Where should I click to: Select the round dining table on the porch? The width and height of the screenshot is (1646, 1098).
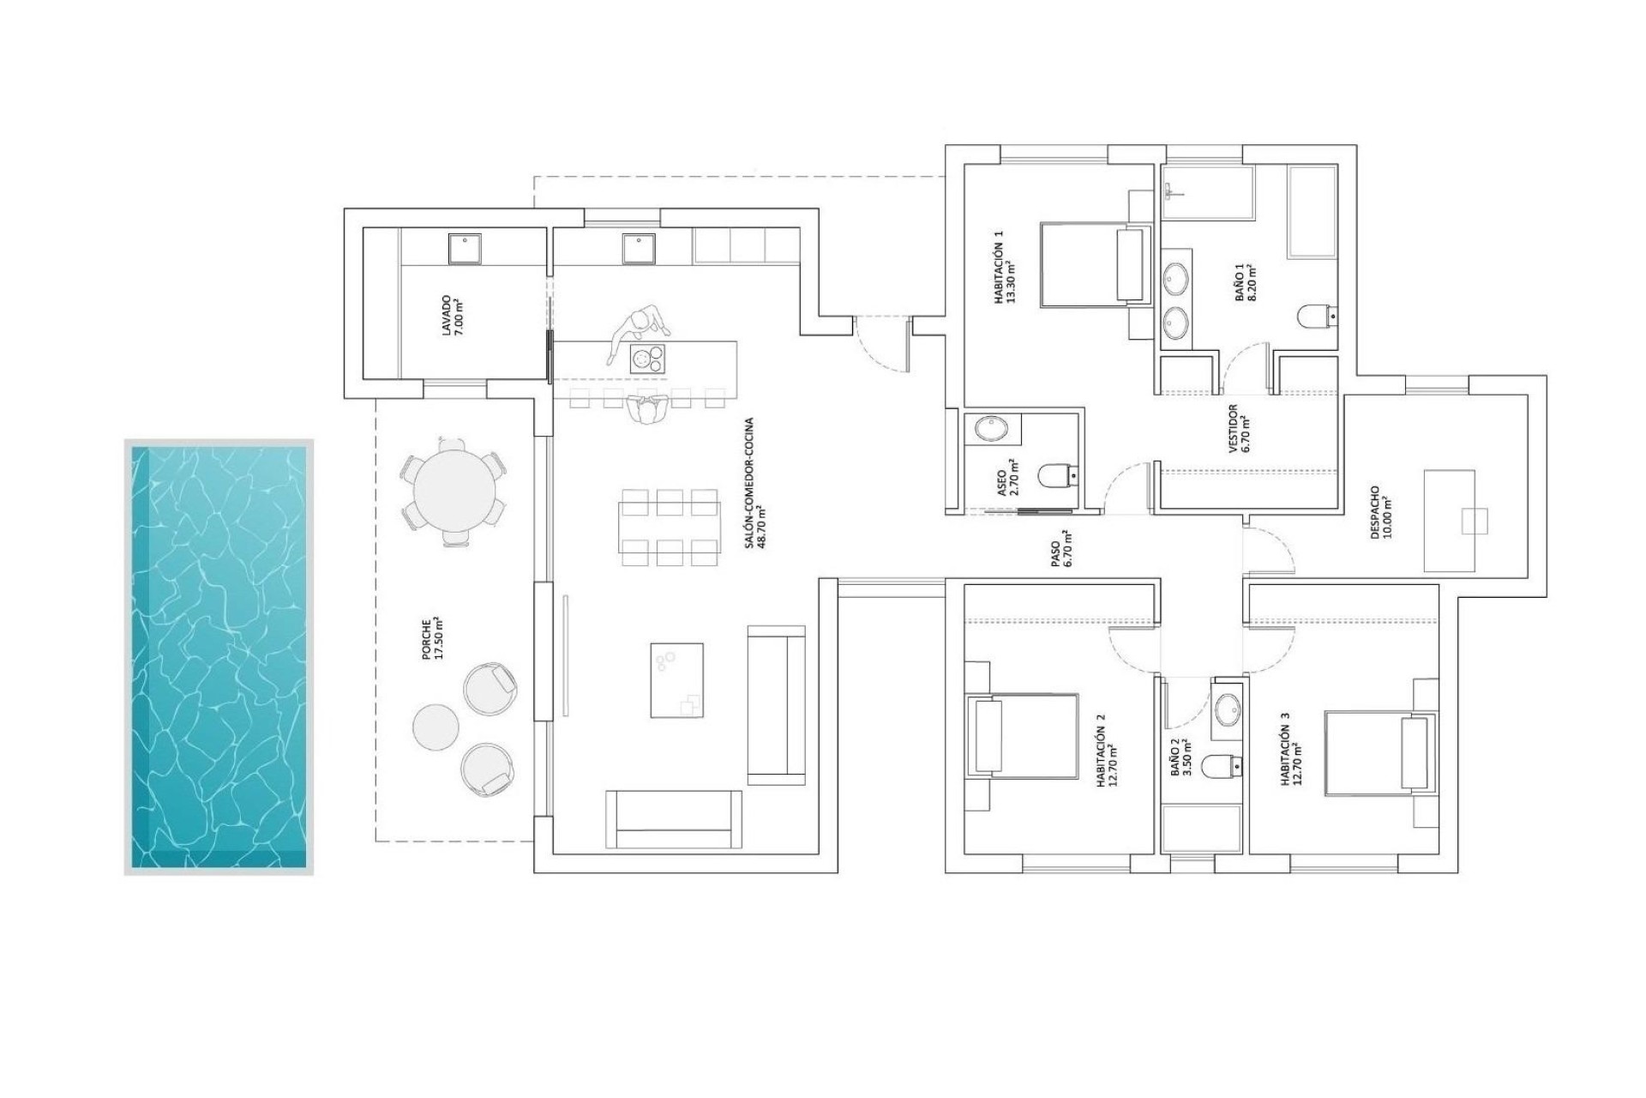click(454, 492)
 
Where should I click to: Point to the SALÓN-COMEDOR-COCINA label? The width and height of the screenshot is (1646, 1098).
click(754, 483)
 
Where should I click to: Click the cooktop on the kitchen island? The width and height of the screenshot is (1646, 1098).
click(647, 358)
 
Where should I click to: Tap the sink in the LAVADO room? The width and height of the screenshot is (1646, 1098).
click(465, 249)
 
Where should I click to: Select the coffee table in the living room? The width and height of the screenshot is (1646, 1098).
click(676, 680)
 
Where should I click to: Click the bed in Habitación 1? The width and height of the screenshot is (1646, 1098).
click(1094, 264)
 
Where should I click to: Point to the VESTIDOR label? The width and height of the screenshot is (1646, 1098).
click(1238, 428)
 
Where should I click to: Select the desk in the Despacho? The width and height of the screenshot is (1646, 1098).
click(1449, 521)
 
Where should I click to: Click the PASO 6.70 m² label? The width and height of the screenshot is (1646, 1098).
click(1060, 549)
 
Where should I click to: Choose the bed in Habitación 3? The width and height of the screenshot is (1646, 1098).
click(1379, 751)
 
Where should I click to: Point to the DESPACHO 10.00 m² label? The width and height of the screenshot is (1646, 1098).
click(1380, 512)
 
